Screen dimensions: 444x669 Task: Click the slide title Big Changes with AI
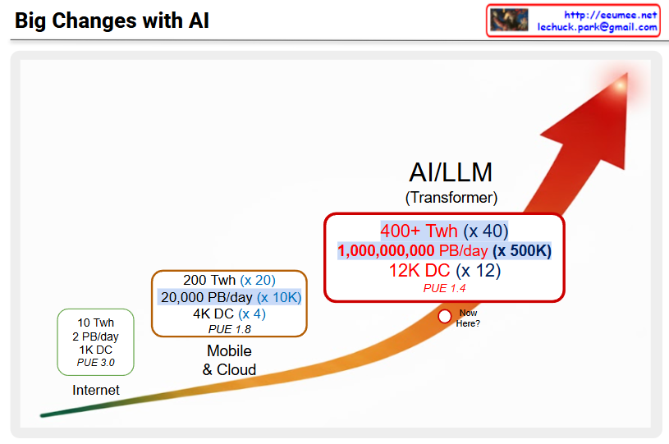112,21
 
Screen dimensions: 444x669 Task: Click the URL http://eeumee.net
610,15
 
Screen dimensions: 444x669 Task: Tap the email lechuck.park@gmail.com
597,27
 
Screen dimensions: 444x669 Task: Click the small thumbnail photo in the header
509,21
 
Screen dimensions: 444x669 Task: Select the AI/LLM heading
451,172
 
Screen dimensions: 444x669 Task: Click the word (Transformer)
451,198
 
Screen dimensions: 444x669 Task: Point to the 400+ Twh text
419,231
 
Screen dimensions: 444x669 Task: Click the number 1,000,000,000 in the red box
386,251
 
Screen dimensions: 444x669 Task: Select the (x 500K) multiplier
521,251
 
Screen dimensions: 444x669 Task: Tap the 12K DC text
419,270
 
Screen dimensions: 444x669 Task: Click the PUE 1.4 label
444,288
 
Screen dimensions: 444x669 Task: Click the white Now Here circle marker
445,316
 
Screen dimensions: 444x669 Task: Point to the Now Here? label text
468,318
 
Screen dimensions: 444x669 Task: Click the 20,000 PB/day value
206,297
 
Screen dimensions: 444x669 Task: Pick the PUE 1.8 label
229,329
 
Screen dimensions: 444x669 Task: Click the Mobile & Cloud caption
229,360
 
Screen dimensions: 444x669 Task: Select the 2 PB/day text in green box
95,336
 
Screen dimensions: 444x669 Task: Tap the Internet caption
95,390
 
